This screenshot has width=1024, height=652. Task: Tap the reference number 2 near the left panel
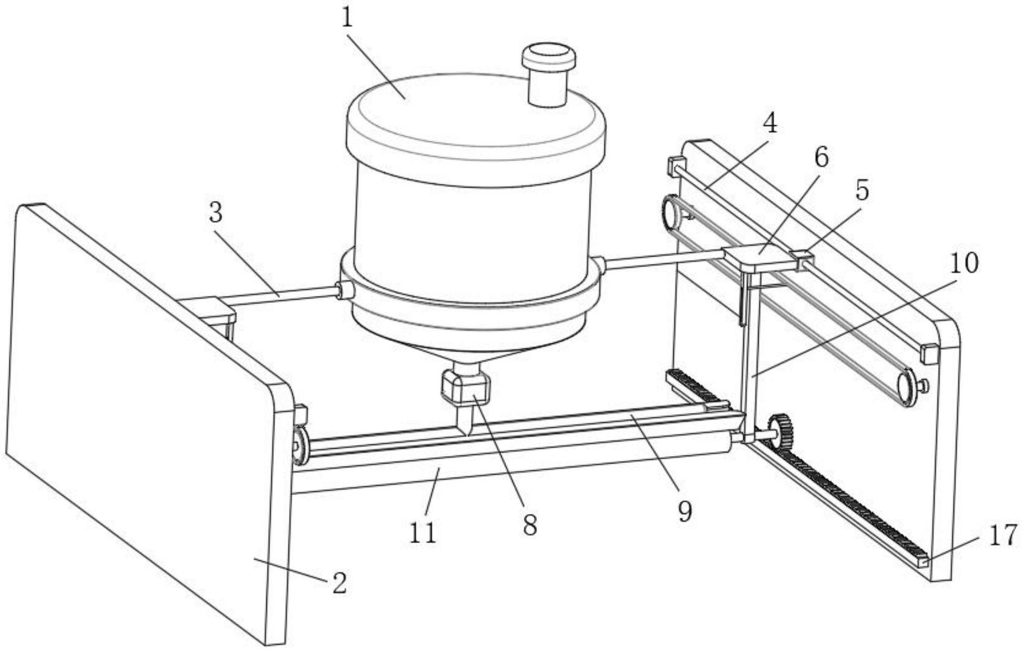pyautogui.click(x=340, y=583)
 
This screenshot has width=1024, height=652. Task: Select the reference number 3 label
pyautogui.click(x=216, y=212)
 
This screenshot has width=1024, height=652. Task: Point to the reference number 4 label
pyautogui.click(x=769, y=123)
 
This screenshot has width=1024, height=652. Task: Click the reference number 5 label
pyautogui.click(x=861, y=190)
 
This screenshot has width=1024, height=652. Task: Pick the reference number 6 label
pyautogui.click(x=820, y=157)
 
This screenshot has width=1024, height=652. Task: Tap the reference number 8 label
pyautogui.click(x=530, y=525)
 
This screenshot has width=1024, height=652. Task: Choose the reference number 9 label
pyautogui.click(x=684, y=510)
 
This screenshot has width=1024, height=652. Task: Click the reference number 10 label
pyautogui.click(x=963, y=262)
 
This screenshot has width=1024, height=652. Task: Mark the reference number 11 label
pyautogui.click(x=423, y=533)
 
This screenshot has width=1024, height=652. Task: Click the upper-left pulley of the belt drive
pyautogui.click(x=671, y=212)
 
